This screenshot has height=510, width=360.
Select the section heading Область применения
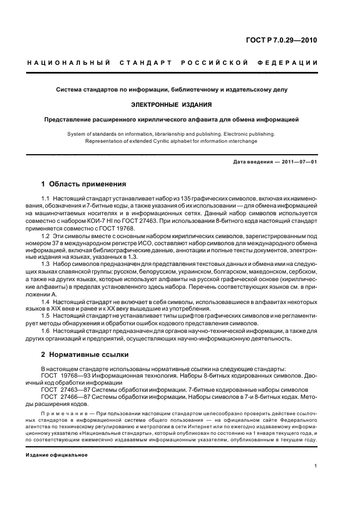pyautogui.click(x=87, y=184)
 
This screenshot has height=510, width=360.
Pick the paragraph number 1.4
pyautogui.click(x=46, y=301)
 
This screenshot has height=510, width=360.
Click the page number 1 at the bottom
pyautogui.click(x=316, y=466)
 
